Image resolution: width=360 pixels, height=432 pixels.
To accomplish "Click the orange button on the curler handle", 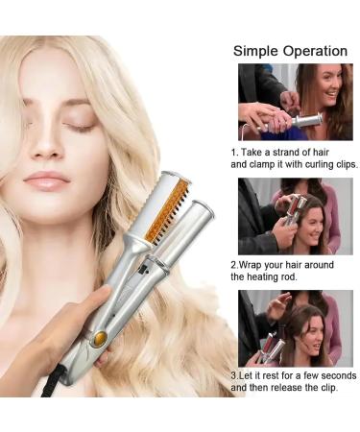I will (x=98, y=338).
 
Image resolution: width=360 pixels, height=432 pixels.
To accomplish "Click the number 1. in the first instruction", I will (x=235, y=152).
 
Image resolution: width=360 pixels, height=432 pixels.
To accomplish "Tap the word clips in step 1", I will (x=343, y=164).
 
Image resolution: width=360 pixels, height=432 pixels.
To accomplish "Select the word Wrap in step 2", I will (x=252, y=263).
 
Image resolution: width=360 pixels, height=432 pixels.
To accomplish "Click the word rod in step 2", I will (x=289, y=276).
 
